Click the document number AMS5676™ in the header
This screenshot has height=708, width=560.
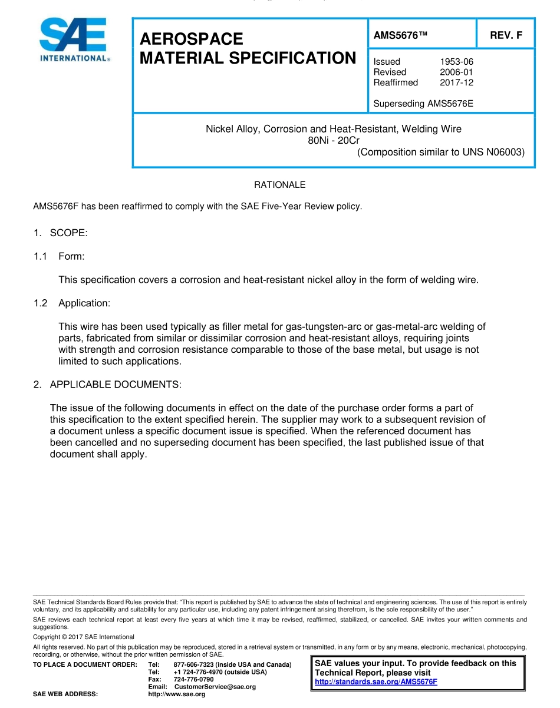(400, 35)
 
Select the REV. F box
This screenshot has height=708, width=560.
(506, 35)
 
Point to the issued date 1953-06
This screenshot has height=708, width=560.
(456, 61)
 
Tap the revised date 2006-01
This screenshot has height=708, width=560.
(456, 72)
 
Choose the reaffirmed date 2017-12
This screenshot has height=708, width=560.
(456, 82)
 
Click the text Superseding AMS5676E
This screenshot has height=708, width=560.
(423, 104)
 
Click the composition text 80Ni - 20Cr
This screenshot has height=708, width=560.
(334, 140)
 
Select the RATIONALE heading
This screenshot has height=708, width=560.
(279, 185)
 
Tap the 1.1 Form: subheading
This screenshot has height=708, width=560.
(75, 256)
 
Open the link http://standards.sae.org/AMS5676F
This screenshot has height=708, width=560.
(376, 682)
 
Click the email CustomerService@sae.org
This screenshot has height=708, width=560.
(215, 687)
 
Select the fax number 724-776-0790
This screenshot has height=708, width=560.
(193, 679)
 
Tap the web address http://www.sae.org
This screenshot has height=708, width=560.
(177, 694)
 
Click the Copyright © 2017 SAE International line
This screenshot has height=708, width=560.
(84, 637)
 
